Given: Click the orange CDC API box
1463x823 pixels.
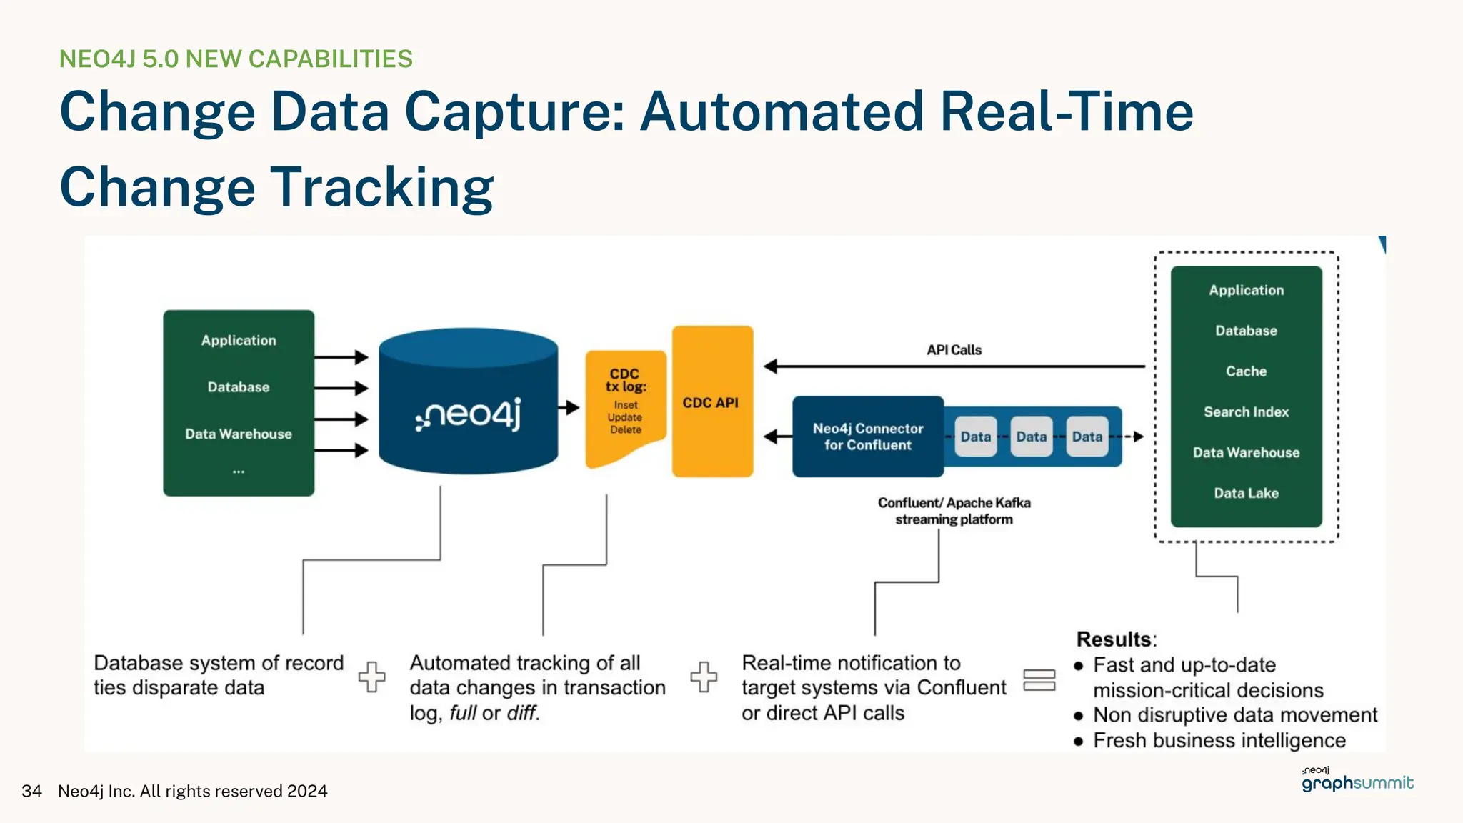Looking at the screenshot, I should [711, 402].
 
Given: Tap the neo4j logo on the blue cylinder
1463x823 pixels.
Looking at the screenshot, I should [469, 414].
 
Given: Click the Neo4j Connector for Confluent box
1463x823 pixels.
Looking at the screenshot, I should [868, 437].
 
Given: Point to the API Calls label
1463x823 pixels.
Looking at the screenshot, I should [954, 350].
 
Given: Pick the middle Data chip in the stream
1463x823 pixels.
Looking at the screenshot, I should [1031, 437].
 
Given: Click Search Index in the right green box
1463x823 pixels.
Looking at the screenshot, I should [1246, 412].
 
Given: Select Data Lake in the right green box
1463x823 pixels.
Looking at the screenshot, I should [1246, 493].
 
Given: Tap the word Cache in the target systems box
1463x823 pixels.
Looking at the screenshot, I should [1246, 371].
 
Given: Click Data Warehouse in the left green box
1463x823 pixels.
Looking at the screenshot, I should [239, 434].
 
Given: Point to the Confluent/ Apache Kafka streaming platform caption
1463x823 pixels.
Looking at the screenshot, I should [954, 511].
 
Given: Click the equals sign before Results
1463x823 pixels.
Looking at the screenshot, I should [1039, 679].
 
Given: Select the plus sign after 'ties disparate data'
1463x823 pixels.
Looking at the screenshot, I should [371, 676].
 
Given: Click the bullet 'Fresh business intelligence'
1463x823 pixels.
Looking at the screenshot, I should [1219, 740].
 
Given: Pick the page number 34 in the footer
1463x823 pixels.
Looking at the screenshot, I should [31, 791].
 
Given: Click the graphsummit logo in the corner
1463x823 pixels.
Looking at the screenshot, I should [1357, 781].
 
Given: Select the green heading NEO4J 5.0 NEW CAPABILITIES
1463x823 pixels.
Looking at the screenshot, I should [236, 59].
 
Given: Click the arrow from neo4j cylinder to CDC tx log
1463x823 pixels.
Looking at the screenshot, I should [569, 408].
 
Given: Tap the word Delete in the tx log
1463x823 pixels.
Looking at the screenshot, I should [626, 429].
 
